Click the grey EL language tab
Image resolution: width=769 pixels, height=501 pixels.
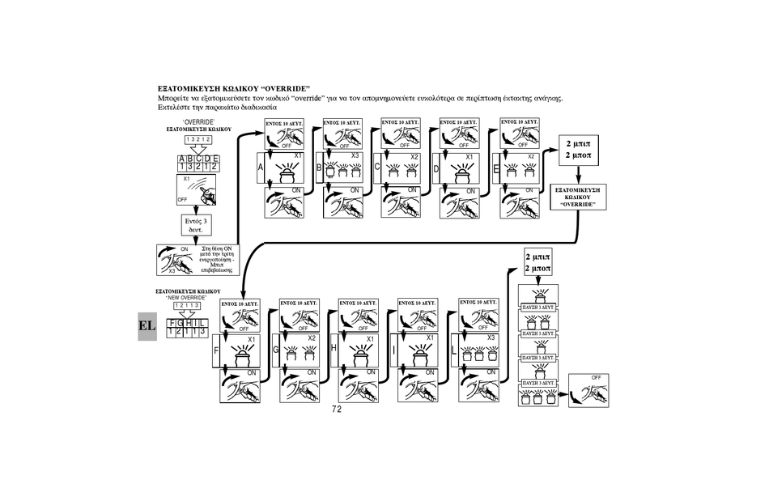coord(147,325)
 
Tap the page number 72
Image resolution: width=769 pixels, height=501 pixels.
coord(337,410)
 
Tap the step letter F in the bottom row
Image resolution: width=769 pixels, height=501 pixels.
coord(216,352)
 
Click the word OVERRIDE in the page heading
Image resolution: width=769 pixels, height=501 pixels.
coord(286,87)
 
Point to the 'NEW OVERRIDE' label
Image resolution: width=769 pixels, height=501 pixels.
coord(187,298)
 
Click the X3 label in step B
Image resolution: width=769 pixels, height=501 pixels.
coord(355,155)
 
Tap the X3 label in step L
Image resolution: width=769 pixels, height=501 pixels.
coord(491,338)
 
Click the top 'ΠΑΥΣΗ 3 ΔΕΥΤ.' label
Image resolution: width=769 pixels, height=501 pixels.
coord(537,308)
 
